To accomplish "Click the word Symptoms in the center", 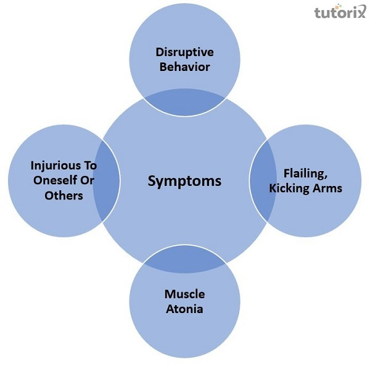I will [184, 182].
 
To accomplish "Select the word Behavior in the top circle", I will [184, 66].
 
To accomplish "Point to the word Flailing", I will [304, 174].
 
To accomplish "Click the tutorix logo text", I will [339, 14].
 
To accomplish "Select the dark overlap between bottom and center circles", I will [184, 261].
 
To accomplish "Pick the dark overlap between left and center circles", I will [105, 182].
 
